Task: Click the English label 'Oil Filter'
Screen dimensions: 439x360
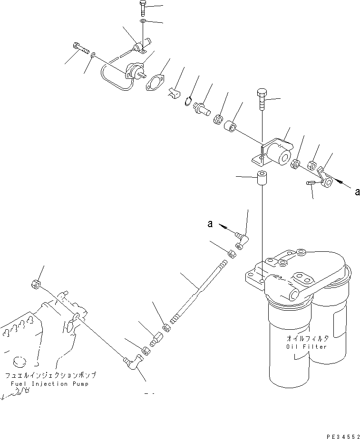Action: coord(307,347)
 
